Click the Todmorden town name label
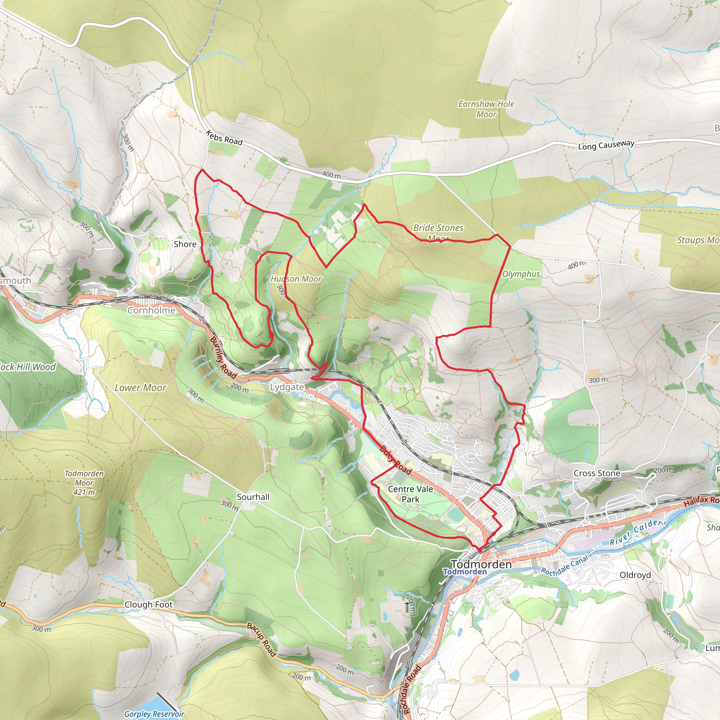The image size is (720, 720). coord(481,564)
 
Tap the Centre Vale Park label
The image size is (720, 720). coord(410,494)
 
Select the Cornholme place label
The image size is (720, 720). coord(151,310)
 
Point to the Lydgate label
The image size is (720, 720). coord(287,387)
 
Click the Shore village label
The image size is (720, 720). coord(185,244)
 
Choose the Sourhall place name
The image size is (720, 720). coord(253,497)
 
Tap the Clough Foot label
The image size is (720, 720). coord(148,604)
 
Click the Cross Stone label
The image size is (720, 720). coord(597,473)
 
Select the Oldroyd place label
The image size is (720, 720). coord(635,575)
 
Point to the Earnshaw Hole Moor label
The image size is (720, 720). coord(486,109)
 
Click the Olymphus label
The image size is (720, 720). coord(521,274)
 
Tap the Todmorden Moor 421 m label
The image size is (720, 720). coord(84,483)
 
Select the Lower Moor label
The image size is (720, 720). coord(141,388)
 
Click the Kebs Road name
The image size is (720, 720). coord(224,138)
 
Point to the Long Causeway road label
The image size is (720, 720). coord(606,145)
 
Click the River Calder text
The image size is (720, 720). coord(635,533)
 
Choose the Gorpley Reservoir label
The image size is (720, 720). coord(154,714)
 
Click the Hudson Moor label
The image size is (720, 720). coord(296,279)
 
